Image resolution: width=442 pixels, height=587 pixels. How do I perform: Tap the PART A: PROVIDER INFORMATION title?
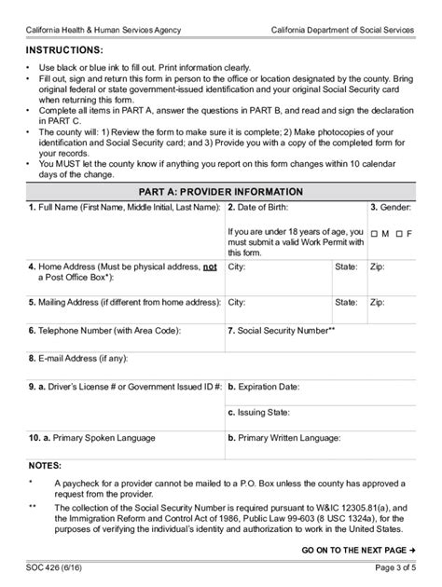[x=221, y=191]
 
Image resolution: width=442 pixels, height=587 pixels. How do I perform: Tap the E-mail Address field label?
[x=79, y=357]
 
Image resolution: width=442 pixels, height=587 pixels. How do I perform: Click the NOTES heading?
[x=45, y=463]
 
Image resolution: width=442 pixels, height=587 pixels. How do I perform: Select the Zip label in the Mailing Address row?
[x=377, y=303]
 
